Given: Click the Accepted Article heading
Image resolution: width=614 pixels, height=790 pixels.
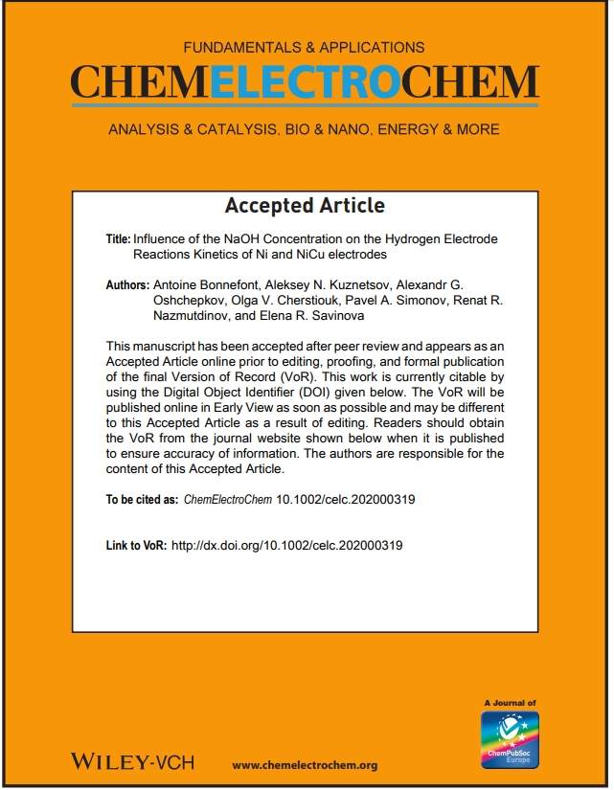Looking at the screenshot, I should click(x=305, y=206).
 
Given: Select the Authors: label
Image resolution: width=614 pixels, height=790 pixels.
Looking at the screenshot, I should click(x=126, y=286).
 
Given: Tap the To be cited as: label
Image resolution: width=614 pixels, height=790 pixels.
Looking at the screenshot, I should click(x=142, y=499).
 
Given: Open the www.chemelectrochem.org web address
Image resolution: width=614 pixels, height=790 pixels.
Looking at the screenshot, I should click(x=305, y=764).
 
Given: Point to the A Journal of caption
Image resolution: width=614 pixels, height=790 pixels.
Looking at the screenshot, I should click(x=511, y=703).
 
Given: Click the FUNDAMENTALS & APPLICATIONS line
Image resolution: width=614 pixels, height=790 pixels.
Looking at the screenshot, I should click(x=306, y=46).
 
